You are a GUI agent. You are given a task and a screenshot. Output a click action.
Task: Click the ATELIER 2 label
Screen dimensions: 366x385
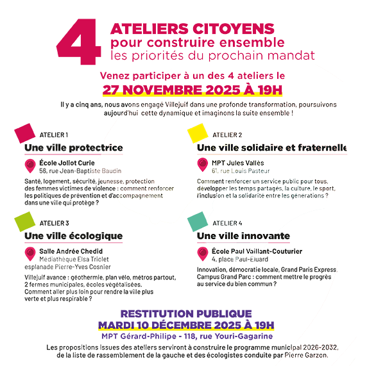[x=227, y=135]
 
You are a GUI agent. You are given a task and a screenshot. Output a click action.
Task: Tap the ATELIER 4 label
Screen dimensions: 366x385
[x=227, y=222]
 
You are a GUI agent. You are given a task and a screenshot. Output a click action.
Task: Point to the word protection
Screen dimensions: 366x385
[x=141, y=181]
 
